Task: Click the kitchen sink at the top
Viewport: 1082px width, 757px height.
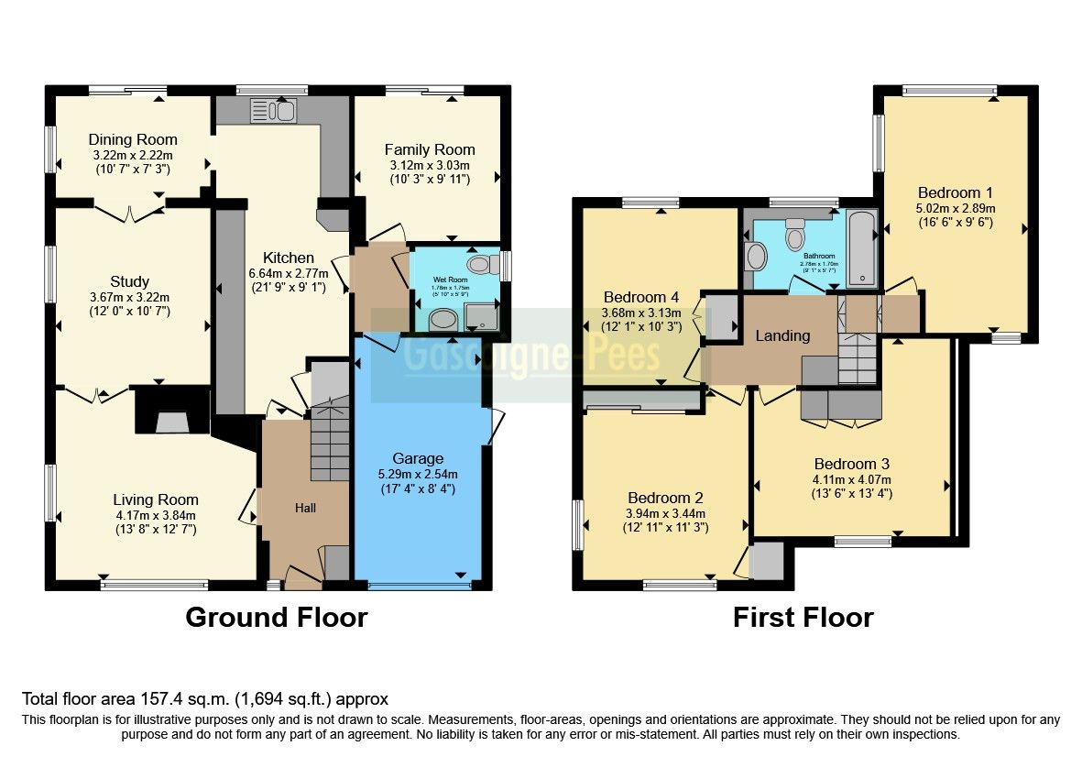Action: (272, 111)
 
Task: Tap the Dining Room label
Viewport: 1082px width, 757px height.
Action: (133, 139)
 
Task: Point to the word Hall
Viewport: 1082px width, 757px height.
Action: (305, 507)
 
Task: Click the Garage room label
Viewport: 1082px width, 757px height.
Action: (418, 458)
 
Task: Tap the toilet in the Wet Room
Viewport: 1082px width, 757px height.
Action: (478, 265)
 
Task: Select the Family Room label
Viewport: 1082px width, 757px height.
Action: (430, 149)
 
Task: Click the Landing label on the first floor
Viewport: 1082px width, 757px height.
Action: (782, 335)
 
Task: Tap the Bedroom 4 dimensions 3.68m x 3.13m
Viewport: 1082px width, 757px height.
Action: (641, 313)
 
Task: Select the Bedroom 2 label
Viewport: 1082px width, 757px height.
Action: (664, 498)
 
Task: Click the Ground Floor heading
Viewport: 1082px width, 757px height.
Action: (276, 617)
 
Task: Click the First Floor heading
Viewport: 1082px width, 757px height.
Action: (803, 617)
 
